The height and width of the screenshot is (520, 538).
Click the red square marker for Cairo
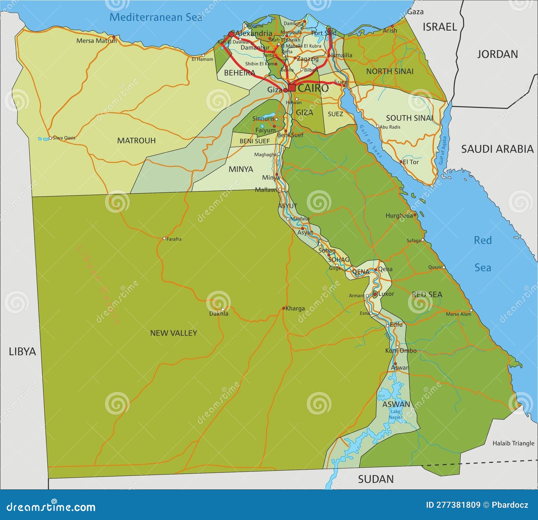(x=292, y=88)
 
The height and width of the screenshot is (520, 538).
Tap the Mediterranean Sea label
(x=156, y=17)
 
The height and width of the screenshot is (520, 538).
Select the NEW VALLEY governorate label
(x=174, y=333)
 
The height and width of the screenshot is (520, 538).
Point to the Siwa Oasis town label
(x=64, y=138)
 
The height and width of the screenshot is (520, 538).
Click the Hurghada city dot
(x=415, y=215)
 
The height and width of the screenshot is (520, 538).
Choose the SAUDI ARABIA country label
(x=497, y=149)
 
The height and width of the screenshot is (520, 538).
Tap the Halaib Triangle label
(x=513, y=443)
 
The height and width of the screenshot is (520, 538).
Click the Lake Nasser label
(x=396, y=414)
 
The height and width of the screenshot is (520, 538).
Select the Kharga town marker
(x=283, y=308)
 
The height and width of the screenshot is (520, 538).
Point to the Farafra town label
(x=174, y=239)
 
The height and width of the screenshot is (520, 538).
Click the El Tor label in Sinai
(x=411, y=162)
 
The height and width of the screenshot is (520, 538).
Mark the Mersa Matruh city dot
(x=114, y=37)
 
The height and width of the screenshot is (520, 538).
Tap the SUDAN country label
(x=376, y=479)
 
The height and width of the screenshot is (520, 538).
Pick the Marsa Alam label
(x=458, y=314)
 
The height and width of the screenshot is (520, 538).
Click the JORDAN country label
(x=497, y=54)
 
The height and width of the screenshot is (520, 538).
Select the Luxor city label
(x=386, y=294)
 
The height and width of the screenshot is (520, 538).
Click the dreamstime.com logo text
(x=51, y=507)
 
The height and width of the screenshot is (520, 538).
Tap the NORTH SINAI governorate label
(x=390, y=71)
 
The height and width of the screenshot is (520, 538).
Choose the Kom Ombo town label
(x=401, y=351)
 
